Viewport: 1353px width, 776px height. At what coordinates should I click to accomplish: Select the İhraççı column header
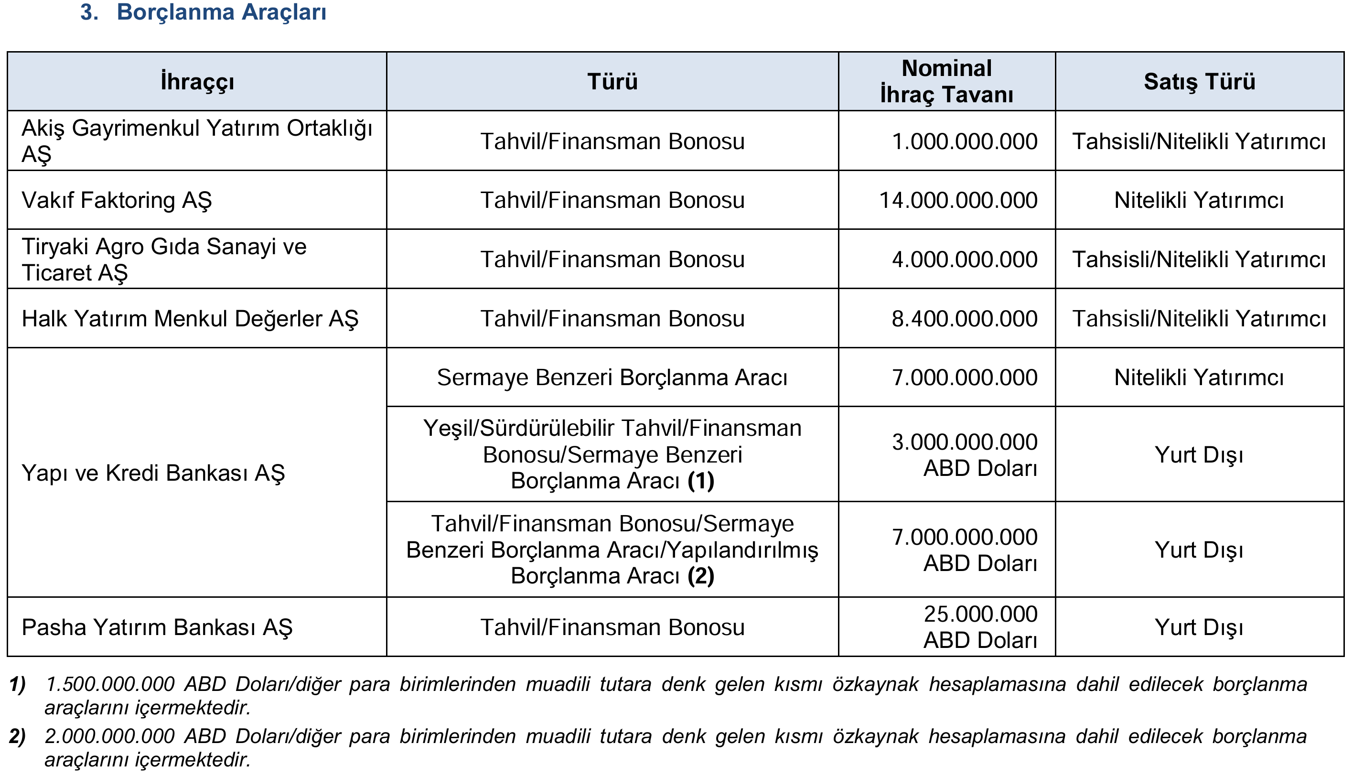197,82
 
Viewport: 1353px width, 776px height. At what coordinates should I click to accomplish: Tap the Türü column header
612,82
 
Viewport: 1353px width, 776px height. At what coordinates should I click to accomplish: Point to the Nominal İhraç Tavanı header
946,82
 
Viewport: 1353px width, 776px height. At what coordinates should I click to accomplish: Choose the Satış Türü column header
1199,82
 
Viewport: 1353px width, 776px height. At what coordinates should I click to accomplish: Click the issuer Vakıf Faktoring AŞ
117,200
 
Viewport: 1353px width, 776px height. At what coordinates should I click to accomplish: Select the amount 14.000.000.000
958,200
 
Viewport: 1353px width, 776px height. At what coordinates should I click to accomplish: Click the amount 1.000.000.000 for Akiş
965,142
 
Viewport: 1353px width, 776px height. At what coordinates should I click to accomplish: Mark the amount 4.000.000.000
965,259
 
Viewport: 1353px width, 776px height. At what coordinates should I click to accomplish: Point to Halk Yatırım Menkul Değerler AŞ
190,319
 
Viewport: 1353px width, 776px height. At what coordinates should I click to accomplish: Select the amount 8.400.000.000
965,319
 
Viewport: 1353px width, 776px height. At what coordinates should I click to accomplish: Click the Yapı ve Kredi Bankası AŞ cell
153,473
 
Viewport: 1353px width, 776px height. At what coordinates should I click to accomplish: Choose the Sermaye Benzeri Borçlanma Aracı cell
612,377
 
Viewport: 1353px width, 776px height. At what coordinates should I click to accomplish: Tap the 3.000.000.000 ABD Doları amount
965,454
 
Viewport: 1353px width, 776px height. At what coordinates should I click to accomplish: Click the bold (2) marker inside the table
701,576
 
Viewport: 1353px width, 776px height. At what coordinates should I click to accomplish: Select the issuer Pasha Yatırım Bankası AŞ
157,627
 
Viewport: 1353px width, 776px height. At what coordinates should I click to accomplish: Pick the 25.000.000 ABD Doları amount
980,627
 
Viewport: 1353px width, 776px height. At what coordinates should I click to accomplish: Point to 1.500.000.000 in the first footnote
110,684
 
